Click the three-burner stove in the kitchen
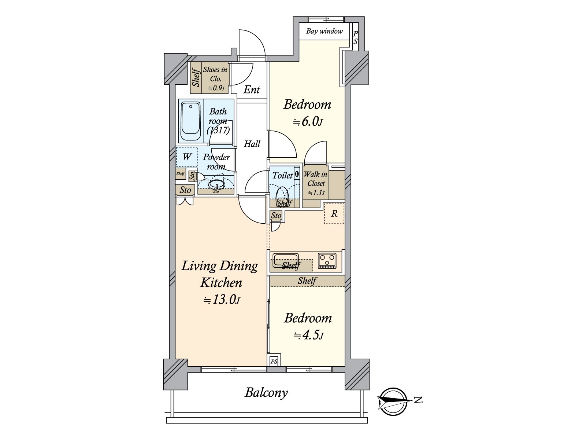[327, 261]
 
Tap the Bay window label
[324, 31]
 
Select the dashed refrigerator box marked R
[334, 213]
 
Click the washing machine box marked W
[187, 157]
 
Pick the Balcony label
[266, 393]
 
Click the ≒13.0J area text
[222, 300]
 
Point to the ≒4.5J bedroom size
[308, 335]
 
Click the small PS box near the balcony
[274, 362]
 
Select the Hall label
[252, 144]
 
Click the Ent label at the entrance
[252, 90]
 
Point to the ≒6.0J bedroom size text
[308, 122]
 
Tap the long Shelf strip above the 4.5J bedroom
[307, 281]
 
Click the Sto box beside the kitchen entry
[276, 216]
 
